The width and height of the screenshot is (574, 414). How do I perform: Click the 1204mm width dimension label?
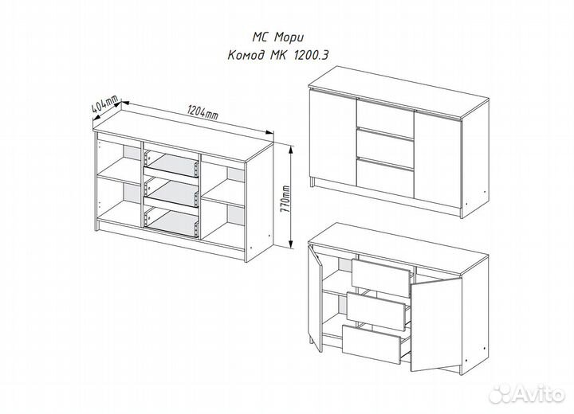[x=202, y=112]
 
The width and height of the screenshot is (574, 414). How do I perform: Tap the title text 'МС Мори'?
[x=278, y=37]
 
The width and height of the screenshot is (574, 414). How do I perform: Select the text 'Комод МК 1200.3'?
[x=278, y=56]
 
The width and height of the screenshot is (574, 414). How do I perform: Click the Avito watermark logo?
[x=527, y=393]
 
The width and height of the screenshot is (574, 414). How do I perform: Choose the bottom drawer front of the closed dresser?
[x=384, y=175]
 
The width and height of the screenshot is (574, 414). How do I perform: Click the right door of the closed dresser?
[x=438, y=162]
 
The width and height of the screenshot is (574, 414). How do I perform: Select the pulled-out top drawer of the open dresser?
[x=381, y=277]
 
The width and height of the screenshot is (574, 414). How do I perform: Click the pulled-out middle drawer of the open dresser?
[x=376, y=310]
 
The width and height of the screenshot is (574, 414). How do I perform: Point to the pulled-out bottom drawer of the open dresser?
[x=372, y=344]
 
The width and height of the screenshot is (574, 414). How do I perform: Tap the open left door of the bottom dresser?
[x=315, y=298]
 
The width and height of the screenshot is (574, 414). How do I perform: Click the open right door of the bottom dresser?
[x=435, y=325]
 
